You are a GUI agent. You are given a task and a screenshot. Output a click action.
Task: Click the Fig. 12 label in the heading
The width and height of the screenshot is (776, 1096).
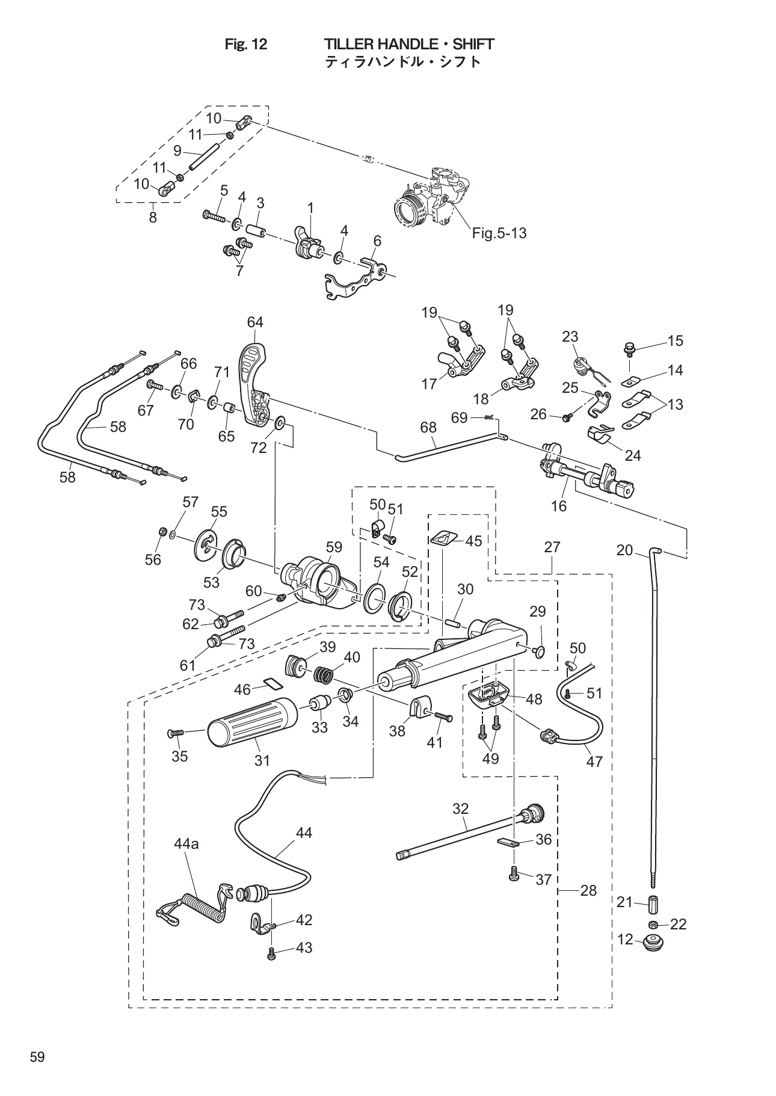tap(245, 45)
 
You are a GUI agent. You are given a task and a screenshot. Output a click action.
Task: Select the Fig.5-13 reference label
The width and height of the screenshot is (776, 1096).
tap(499, 233)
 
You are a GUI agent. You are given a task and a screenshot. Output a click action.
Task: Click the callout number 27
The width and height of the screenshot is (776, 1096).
tap(552, 547)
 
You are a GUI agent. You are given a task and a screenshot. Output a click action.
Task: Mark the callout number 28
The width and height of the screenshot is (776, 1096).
tap(588, 890)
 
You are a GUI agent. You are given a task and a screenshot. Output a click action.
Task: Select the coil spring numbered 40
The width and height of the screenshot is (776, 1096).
tap(324, 676)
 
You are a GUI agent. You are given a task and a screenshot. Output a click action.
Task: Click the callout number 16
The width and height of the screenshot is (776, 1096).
tap(558, 506)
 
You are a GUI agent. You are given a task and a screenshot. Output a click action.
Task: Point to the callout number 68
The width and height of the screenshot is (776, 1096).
tap(428, 427)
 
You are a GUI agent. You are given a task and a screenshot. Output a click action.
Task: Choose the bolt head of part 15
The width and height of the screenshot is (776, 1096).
tap(629, 347)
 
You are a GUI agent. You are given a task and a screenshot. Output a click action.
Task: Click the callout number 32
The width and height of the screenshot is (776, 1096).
tap(460, 809)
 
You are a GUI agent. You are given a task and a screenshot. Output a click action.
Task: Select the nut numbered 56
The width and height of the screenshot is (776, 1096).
tap(161, 531)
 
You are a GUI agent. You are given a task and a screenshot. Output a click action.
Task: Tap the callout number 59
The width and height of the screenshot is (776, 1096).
tap(334, 547)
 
